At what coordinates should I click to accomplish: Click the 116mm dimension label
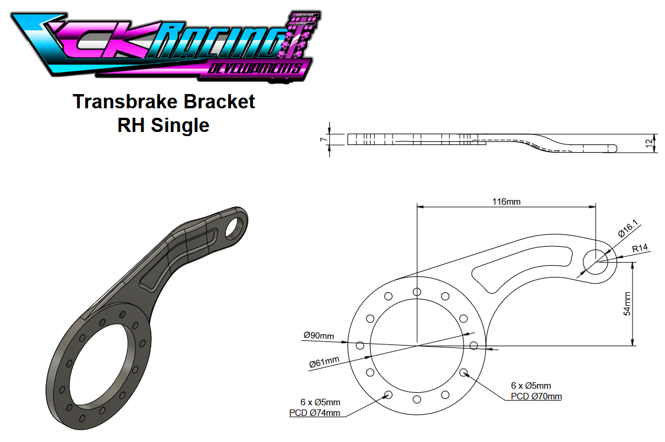[x=507, y=202]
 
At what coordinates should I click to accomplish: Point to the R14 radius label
[x=640, y=248]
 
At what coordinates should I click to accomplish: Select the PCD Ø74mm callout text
[x=314, y=413]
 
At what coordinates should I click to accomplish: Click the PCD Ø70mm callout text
[x=536, y=396]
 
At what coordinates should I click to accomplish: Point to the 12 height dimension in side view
[x=648, y=143]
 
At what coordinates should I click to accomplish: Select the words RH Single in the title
[x=163, y=125]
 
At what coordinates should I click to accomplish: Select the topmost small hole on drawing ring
[x=417, y=292]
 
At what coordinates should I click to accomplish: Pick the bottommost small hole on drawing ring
[x=417, y=399]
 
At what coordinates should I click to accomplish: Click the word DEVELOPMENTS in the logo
[x=259, y=69]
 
